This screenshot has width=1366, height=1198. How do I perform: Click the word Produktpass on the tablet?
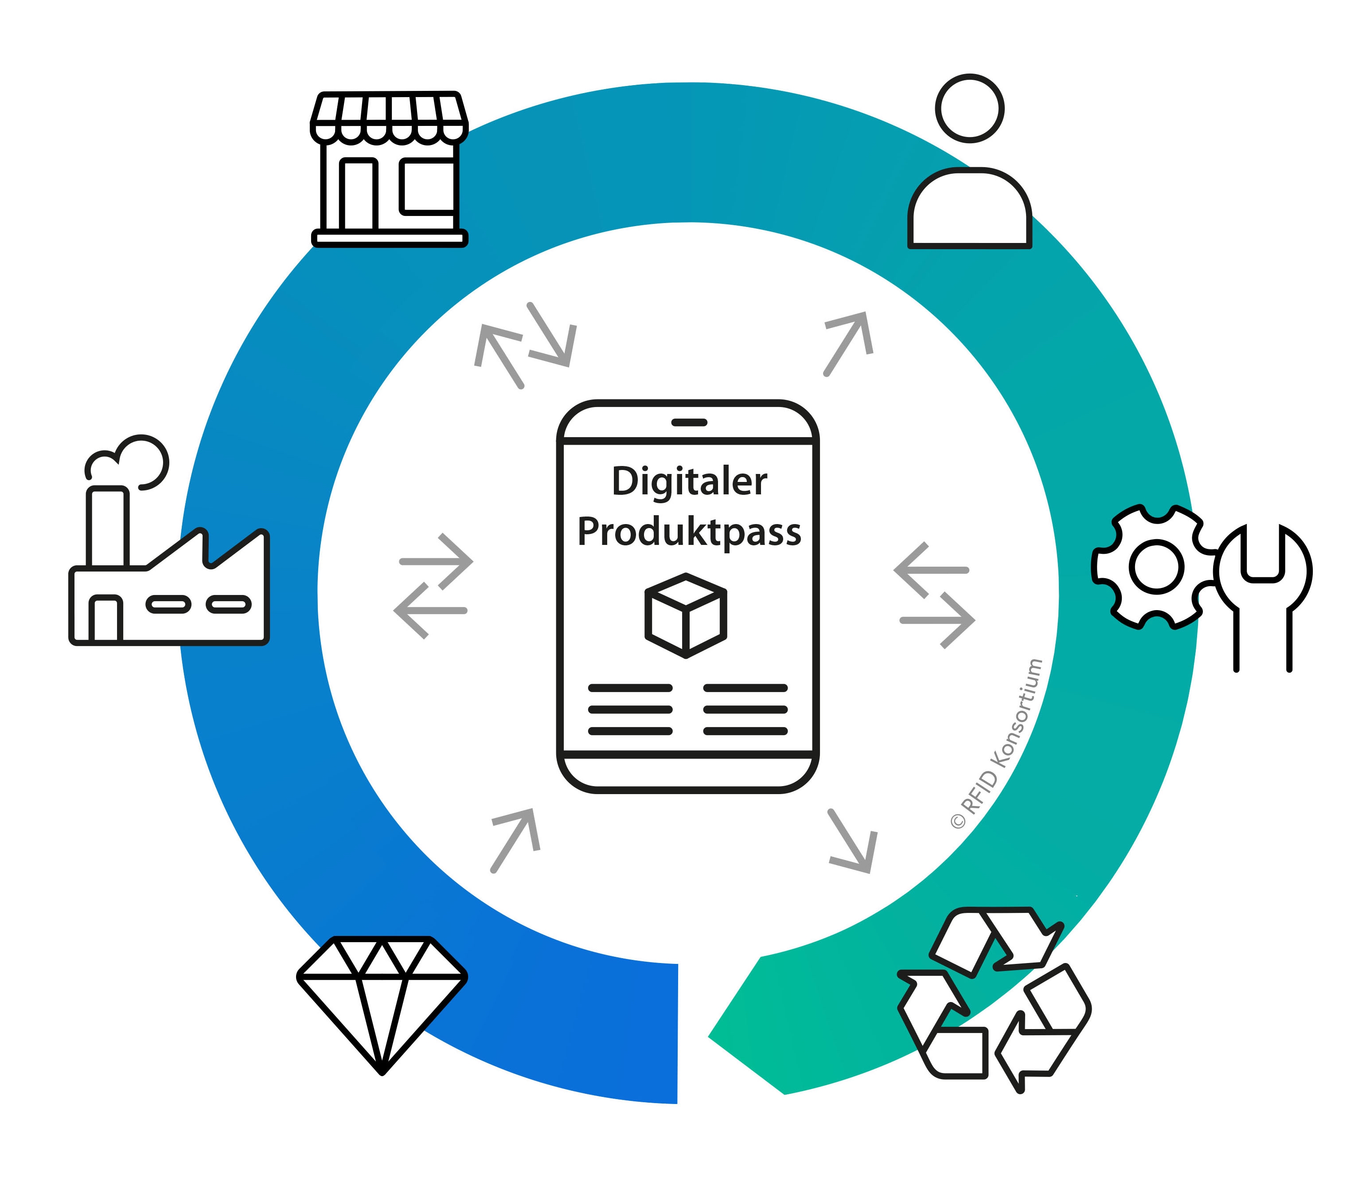(x=689, y=533)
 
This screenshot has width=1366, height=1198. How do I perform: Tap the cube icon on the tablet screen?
(x=686, y=615)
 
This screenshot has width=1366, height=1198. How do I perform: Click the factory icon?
(x=169, y=540)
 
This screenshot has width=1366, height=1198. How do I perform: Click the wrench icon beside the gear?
(x=1263, y=597)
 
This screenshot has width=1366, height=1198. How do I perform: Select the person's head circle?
(x=970, y=108)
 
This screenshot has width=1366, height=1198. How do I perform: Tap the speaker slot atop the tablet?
(x=689, y=423)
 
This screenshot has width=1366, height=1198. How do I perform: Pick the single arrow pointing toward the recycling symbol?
(x=852, y=841)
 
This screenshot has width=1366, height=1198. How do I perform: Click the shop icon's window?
(x=428, y=187)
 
